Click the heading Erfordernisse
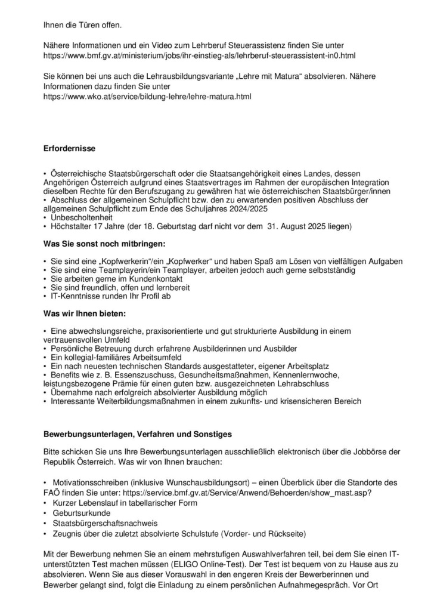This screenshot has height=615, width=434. [x=70, y=147]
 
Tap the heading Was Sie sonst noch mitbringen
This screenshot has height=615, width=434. [x=104, y=244]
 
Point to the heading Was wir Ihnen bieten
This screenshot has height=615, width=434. [x=85, y=313]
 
